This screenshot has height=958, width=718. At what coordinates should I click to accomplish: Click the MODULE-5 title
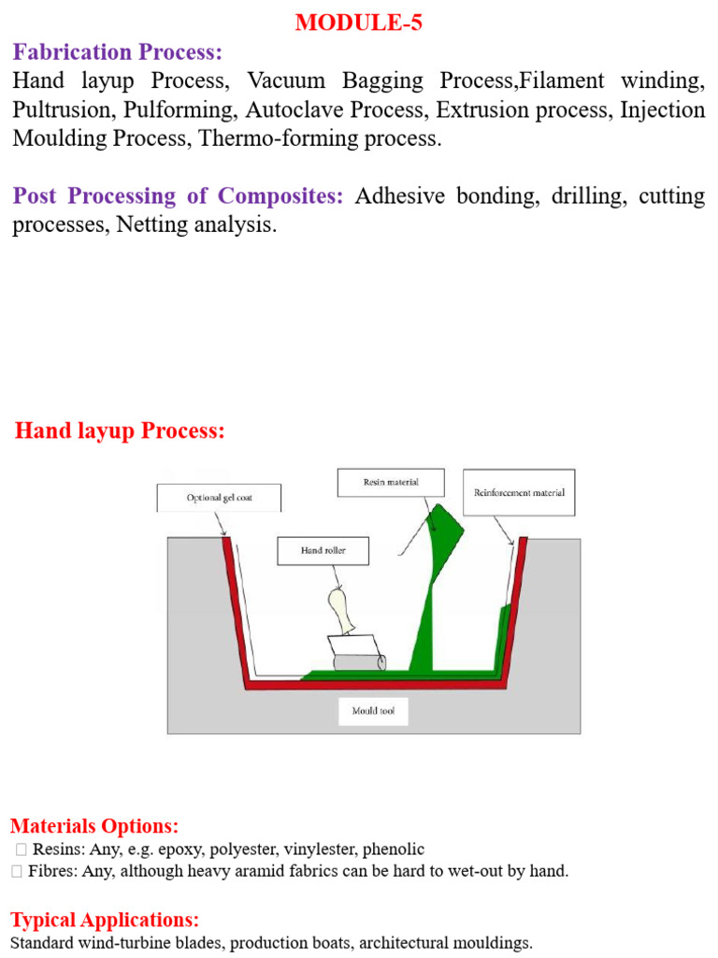tap(358, 22)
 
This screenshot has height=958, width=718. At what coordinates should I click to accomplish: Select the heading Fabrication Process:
tap(117, 52)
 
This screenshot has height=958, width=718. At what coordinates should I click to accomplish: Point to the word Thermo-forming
tap(279, 138)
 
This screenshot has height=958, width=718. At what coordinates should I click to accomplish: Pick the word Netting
tap(152, 225)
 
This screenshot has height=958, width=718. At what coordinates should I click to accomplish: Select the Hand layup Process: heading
tap(120, 430)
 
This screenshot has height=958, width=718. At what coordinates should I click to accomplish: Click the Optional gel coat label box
tap(219, 498)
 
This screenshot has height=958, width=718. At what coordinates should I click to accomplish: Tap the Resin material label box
tap(391, 482)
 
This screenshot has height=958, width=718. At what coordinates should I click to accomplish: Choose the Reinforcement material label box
tap(519, 492)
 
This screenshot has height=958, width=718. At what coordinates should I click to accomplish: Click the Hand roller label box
tap(323, 550)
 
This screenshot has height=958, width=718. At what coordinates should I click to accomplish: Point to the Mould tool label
tap(373, 711)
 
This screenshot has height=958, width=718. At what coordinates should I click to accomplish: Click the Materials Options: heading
tap(94, 826)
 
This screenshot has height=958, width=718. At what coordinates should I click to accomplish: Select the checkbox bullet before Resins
tap(22, 849)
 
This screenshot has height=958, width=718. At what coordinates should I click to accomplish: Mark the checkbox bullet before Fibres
tap(17, 871)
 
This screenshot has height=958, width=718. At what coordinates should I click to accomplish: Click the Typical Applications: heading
tap(105, 920)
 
